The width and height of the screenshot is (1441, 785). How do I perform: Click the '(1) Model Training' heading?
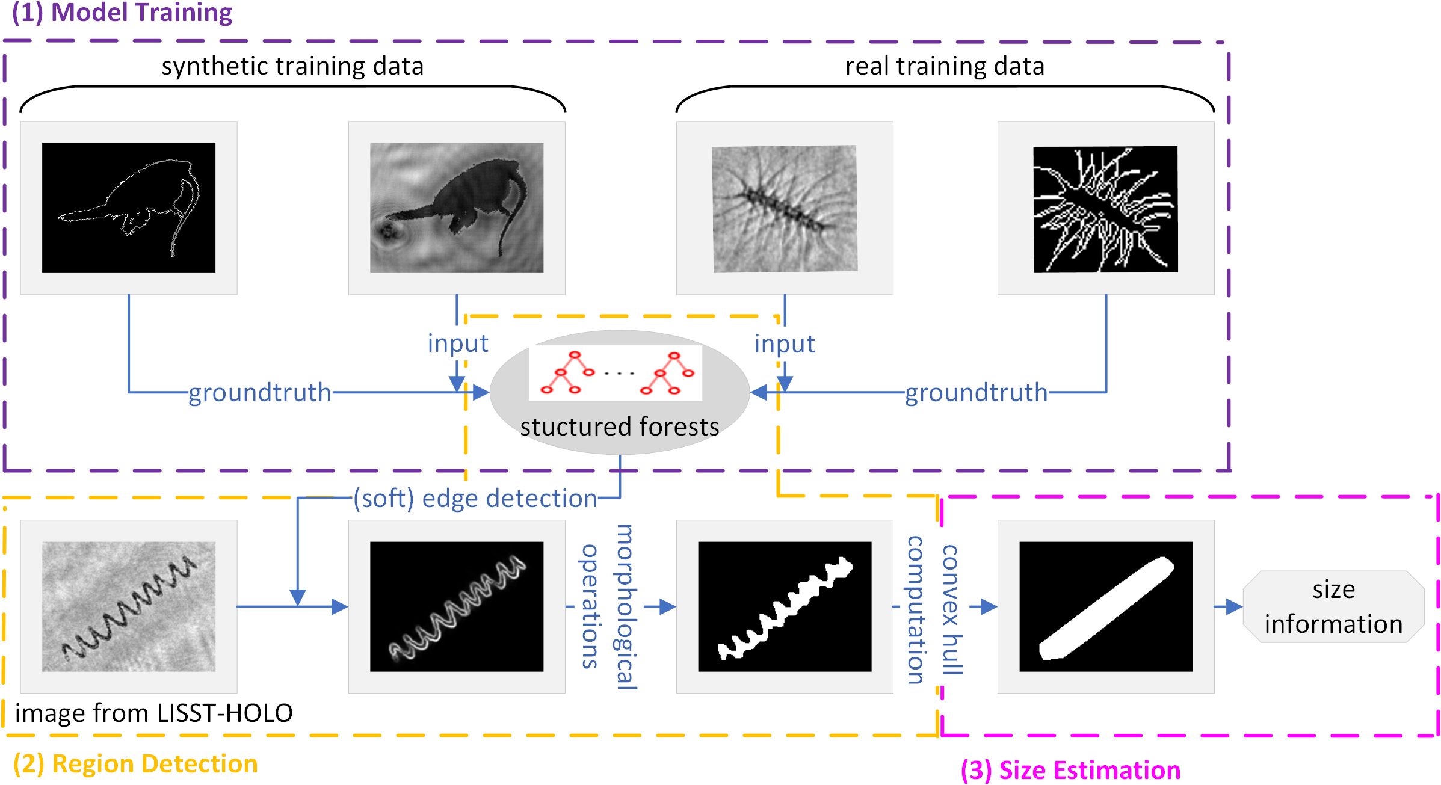122,13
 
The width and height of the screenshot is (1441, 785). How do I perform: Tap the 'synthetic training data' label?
292,66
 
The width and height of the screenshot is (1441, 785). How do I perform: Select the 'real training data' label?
945,66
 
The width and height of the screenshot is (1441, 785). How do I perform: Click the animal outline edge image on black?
129,208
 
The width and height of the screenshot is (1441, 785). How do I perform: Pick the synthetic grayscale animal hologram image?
457,208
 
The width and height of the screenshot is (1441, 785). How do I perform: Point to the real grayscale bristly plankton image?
785,208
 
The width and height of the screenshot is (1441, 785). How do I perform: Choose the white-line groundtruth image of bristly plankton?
1106,209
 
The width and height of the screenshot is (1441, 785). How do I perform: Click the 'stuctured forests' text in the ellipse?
619,426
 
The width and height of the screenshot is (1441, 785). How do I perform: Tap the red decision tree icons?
616,373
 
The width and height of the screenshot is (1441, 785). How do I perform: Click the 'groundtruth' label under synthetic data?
260,392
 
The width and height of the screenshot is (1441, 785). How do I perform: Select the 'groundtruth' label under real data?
976,393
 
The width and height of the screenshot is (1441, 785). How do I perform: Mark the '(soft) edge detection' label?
475,498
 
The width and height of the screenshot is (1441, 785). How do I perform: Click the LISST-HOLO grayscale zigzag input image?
129,606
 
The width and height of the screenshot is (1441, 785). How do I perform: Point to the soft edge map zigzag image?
457,606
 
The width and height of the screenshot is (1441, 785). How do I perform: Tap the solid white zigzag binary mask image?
785,606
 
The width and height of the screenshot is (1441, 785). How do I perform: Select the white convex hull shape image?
1106,606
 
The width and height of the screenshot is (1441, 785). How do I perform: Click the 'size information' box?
1333,606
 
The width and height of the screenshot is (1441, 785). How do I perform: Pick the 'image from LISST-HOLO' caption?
154,713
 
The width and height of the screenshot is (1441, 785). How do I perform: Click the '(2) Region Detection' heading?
135,763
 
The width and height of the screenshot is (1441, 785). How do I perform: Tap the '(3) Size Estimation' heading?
1070,770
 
